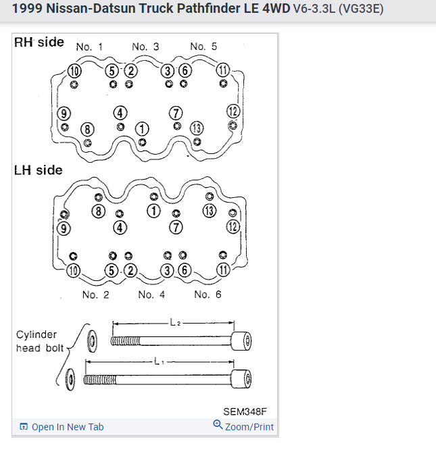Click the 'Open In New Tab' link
pyautogui.click(x=67, y=427)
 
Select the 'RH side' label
pyautogui.click(x=39, y=43)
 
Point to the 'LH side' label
pyautogui.click(x=38, y=170)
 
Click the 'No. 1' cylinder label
pyautogui.click(x=89, y=47)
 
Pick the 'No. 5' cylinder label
pyautogui.click(x=203, y=47)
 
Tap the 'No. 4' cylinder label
pyautogui.click(x=151, y=295)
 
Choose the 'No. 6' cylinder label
pyautogui.click(x=207, y=295)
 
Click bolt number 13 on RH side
pyautogui.click(x=197, y=128)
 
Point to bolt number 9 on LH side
pyautogui.click(x=65, y=228)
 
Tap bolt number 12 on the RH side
pyautogui.click(x=233, y=111)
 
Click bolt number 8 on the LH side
pyautogui.click(x=99, y=211)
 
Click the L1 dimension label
pyautogui.click(x=159, y=361)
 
